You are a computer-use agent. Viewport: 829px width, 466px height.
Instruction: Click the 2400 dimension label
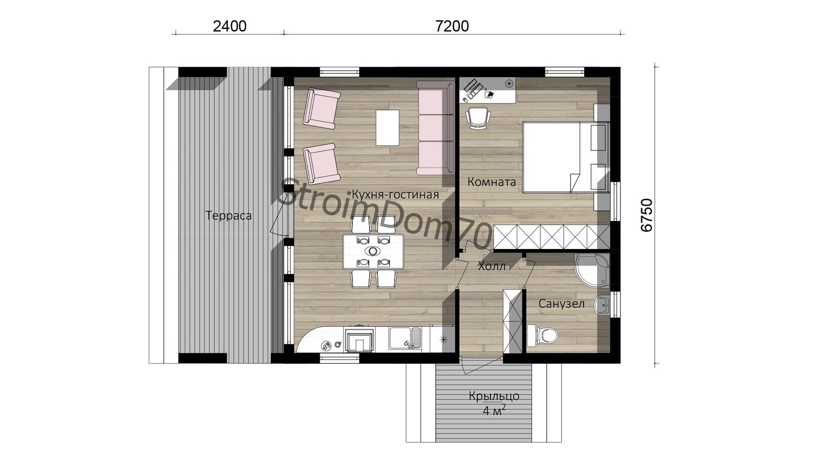coord(229,26)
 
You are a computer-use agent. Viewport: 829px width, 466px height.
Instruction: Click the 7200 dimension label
coord(452,26)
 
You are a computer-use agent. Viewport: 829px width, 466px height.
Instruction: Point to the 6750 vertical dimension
coord(646,215)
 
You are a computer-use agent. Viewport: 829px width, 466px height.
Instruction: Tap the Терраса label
coord(228,215)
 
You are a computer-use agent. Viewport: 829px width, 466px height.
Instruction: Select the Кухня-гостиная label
coord(395,194)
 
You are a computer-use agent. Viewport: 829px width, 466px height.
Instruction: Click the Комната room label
coord(491,182)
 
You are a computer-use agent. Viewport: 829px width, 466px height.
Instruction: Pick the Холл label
coord(491,266)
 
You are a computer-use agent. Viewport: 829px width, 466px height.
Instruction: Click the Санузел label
coord(562,304)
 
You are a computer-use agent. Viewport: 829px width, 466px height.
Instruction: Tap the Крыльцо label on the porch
coord(494,396)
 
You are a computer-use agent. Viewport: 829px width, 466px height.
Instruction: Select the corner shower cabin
coord(592,270)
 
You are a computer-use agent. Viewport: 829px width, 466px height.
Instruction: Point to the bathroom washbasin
coord(602,306)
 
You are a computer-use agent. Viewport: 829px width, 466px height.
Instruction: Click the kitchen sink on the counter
coord(405,338)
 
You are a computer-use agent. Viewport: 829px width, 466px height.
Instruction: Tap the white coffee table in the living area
coord(387,128)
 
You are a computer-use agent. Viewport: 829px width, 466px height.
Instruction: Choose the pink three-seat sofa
coord(435,128)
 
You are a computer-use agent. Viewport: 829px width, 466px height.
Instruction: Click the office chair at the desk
coord(478,117)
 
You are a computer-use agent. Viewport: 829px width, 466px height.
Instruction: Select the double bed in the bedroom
coord(565,158)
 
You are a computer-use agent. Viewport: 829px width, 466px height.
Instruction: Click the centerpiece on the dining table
coord(373,251)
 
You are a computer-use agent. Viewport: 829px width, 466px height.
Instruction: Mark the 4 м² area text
coord(494,410)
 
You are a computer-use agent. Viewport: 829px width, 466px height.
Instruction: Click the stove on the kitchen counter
coord(100,339)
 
